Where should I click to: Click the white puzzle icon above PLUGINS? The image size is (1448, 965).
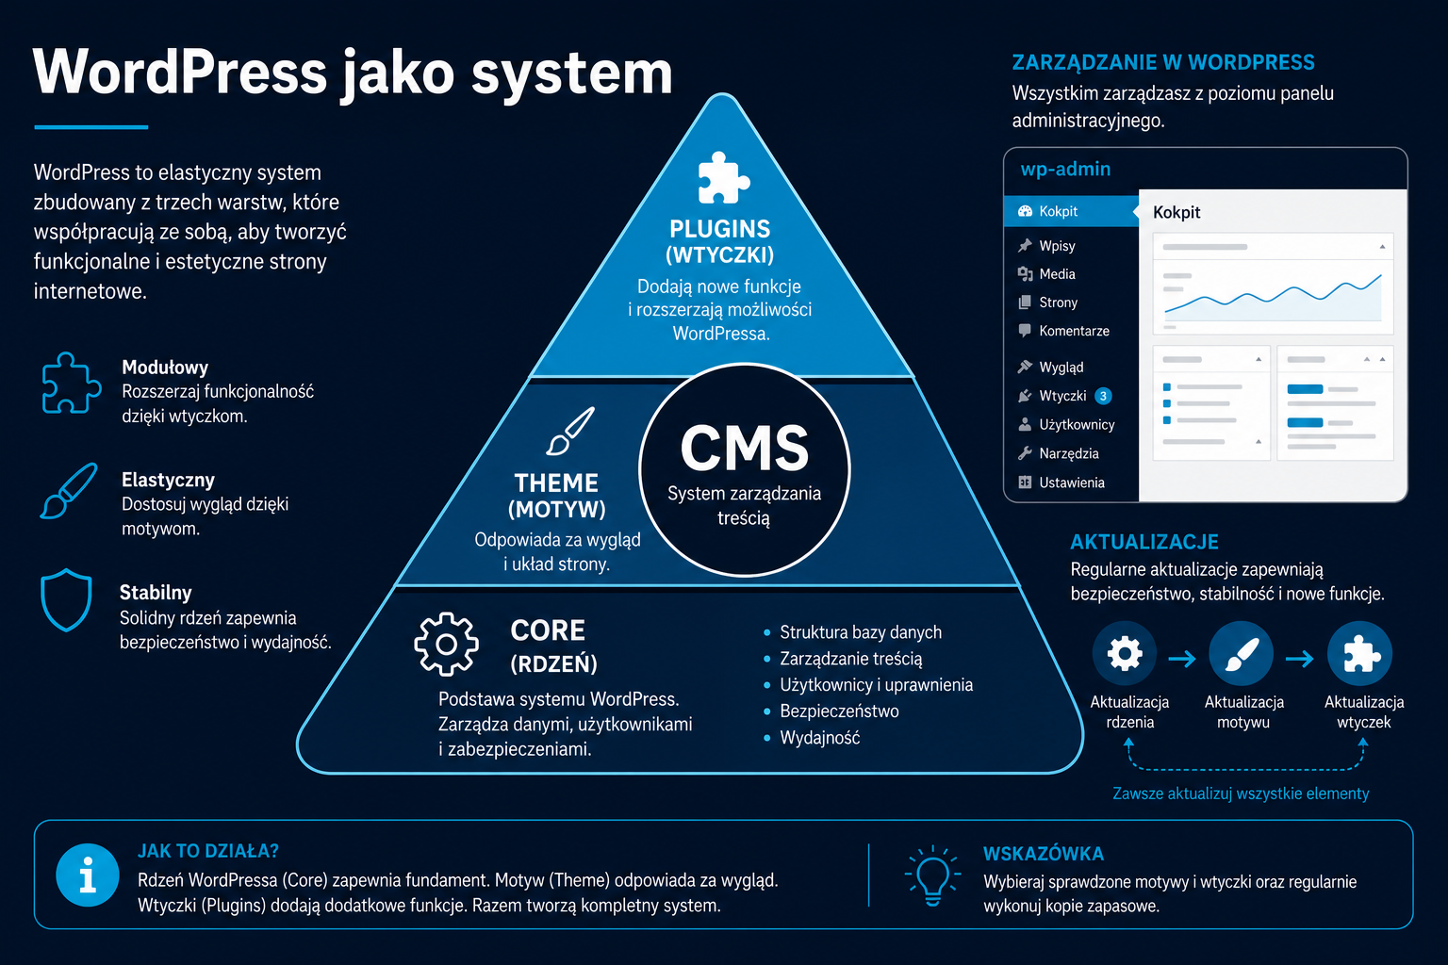(723, 178)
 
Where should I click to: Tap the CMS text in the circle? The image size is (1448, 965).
(745, 448)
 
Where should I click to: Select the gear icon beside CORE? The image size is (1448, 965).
(446, 644)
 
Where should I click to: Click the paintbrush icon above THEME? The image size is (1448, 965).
(570, 431)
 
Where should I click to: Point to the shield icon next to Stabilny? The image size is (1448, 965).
(66, 599)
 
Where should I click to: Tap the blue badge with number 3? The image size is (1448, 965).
(1104, 396)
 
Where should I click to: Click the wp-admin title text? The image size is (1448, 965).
(1065, 169)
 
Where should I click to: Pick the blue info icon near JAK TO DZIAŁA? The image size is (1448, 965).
(88, 875)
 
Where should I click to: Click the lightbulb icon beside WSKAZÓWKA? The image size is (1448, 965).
(932, 875)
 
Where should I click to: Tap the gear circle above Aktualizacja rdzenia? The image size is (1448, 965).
(1125, 653)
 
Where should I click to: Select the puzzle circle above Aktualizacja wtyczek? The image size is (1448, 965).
(1359, 653)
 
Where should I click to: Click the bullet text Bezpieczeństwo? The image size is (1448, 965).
(839, 711)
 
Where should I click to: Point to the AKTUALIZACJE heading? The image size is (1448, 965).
(1144, 542)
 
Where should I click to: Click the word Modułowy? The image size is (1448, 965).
(165, 368)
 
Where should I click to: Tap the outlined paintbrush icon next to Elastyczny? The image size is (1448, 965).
(69, 491)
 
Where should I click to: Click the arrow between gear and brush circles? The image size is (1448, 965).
(1182, 659)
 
